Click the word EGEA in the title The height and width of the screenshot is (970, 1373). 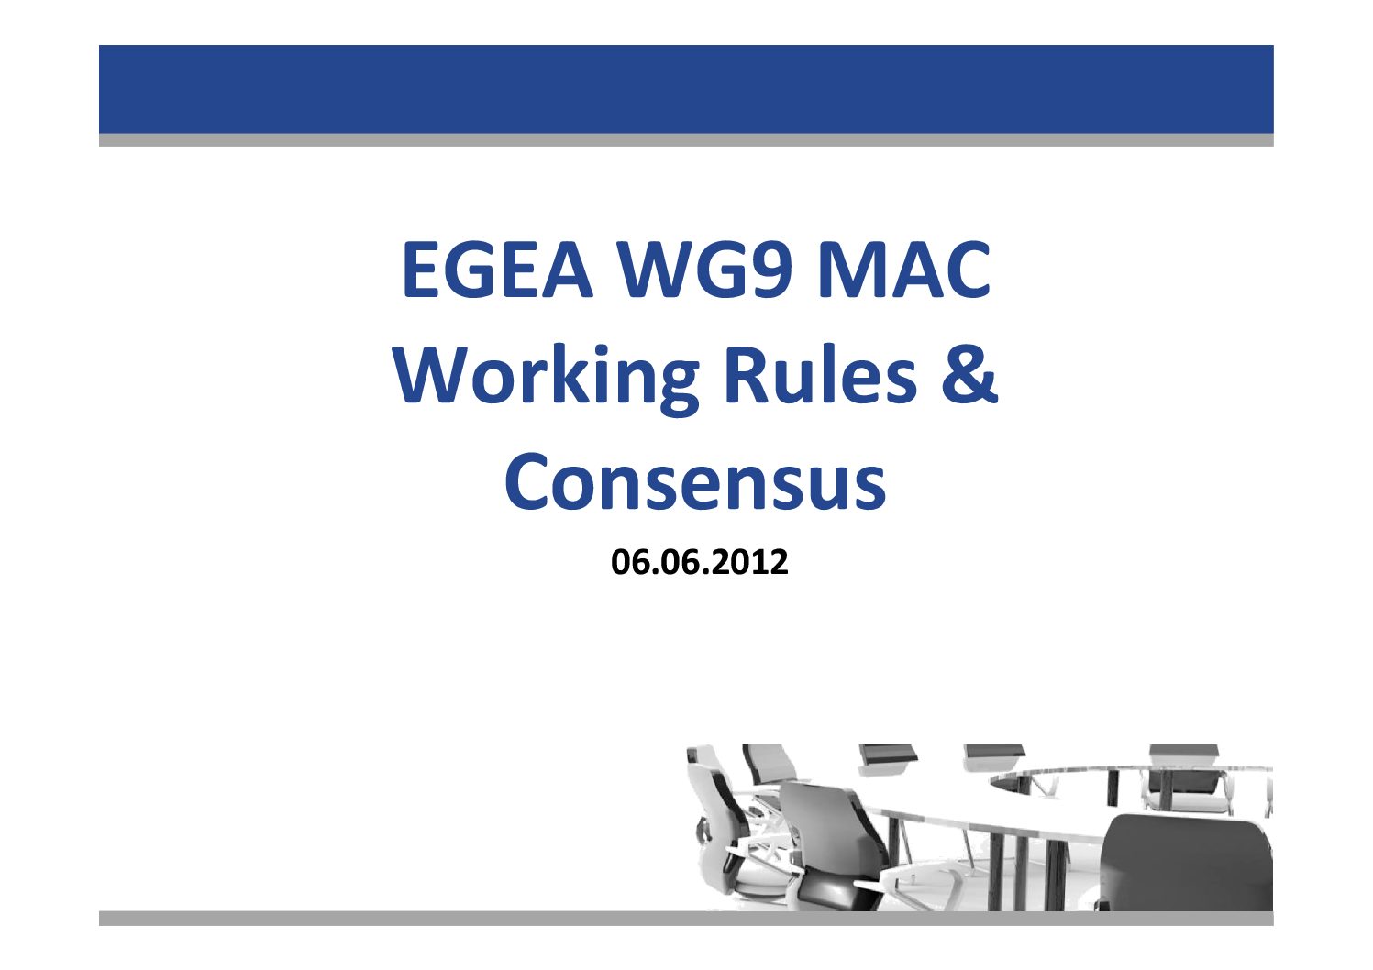(x=497, y=270)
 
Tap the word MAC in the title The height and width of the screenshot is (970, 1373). (x=904, y=270)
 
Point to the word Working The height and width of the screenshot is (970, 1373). (x=546, y=377)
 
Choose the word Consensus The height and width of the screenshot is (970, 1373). (x=696, y=481)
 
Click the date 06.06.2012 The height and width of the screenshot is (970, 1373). (x=700, y=562)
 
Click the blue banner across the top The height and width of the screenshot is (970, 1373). (x=686, y=90)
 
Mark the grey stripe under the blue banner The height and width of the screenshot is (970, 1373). (x=686, y=140)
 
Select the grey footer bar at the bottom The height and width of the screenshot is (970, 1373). (x=686, y=918)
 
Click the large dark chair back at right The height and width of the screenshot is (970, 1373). (x=1186, y=861)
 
